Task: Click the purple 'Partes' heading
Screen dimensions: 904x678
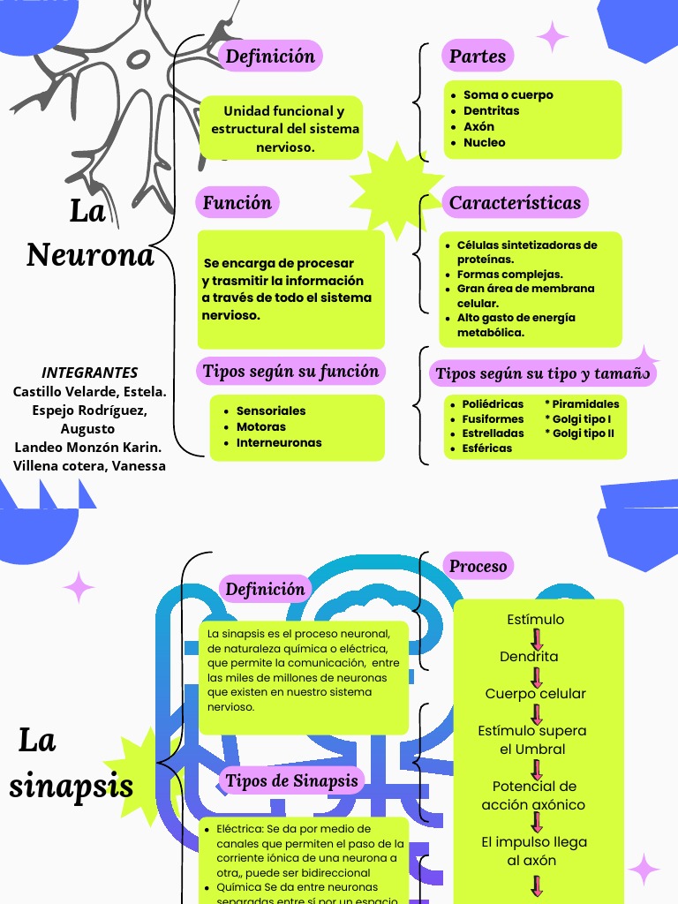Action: pyautogui.click(x=478, y=56)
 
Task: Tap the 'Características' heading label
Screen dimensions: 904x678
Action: pyautogui.click(x=515, y=202)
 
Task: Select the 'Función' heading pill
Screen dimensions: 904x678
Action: pyautogui.click(x=237, y=202)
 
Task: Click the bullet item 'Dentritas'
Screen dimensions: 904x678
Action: pyautogui.click(x=491, y=110)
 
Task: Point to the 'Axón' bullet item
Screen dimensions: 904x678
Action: pyautogui.click(x=478, y=126)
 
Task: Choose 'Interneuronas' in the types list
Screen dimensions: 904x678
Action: pyautogui.click(x=279, y=442)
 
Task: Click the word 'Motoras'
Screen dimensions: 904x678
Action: pyautogui.click(x=261, y=426)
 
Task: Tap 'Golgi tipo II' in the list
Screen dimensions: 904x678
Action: pyautogui.click(x=583, y=433)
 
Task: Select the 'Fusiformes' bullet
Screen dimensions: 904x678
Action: pyautogui.click(x=493, y=418)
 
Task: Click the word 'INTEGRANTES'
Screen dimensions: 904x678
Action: pyautogui.click(x=90, y=373)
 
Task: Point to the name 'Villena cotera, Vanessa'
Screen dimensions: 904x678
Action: pyautogui.click(x=89, y=465)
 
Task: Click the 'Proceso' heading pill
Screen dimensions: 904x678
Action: pyautogui.click(x=478, y=566)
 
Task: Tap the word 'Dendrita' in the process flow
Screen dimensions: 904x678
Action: pyautogui.click(x=529, y=657)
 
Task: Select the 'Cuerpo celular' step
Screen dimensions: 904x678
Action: pyautogui.click(x=535, y=694)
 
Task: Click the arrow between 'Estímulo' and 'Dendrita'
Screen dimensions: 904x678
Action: pyautogui.click(x=536, y=638)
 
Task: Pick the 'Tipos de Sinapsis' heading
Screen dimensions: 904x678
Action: pyautogui.click(x=291, y=780)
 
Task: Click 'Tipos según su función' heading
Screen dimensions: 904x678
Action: pyautogui.click(x=290, y=371)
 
